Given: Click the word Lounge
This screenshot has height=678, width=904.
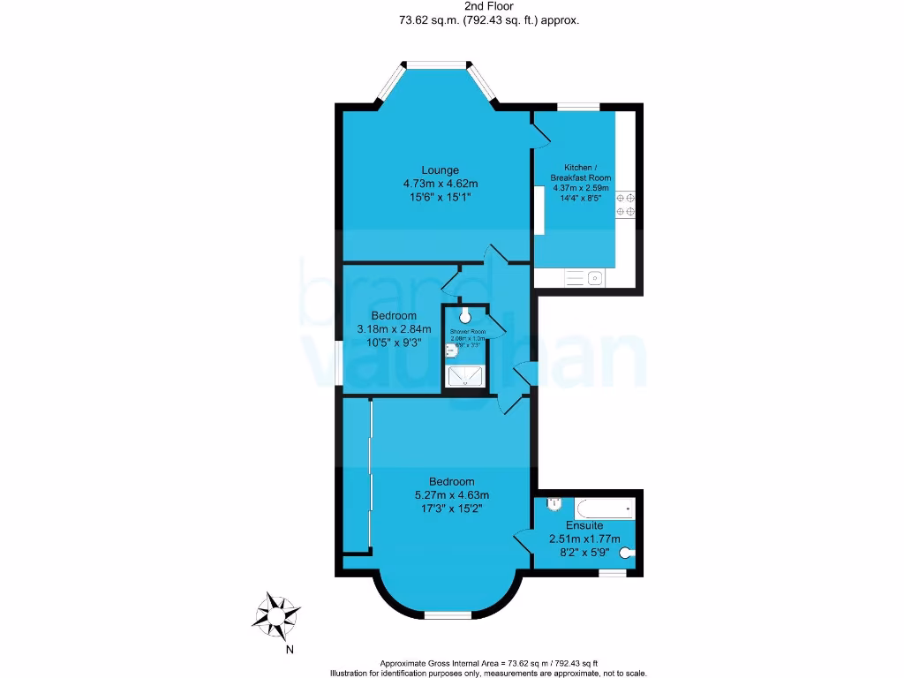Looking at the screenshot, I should [440, 170].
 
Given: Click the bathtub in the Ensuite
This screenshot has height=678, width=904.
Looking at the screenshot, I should [604, 509].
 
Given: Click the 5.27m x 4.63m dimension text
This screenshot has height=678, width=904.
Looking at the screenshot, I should [452, 495].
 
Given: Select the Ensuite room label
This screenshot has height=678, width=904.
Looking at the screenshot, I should [584, 526].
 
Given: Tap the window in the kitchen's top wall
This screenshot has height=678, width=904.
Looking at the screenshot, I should [579, 107].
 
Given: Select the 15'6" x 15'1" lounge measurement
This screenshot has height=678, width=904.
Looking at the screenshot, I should [440, 198].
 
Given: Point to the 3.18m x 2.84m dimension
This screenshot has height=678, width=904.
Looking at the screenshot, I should [394, 329].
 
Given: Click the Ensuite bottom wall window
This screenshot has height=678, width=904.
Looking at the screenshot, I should [612, 572].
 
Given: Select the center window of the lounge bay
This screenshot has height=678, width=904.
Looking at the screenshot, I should [434, 64].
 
